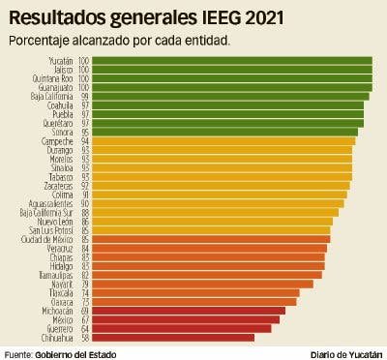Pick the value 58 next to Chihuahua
[x=85, y=338]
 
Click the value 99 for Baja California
[x=85, y=97]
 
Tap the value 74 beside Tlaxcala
[x=85, y=292]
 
